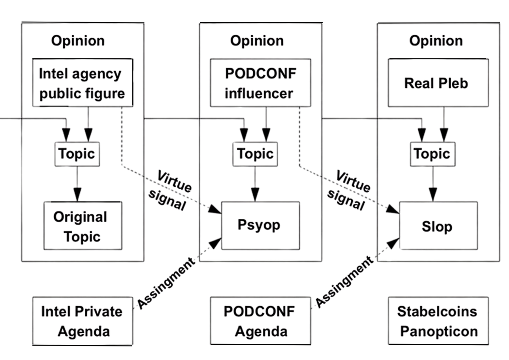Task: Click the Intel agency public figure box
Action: [x=82, y=83]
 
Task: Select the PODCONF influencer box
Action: [x=260, y=83]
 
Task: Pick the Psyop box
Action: [x=259, y=225]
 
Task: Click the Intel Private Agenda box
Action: [x=81, y=321]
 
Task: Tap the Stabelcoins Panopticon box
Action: [x=437, y=321]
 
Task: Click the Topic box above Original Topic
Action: [x=77, y=153]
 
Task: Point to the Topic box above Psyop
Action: [x=255, y=153]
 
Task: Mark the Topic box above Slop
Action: [x=432, y=153]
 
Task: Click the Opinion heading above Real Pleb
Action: [x=436, y=41]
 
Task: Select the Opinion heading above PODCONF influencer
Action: [x=257, y=41]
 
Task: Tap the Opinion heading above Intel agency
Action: [x=78, y=41]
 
